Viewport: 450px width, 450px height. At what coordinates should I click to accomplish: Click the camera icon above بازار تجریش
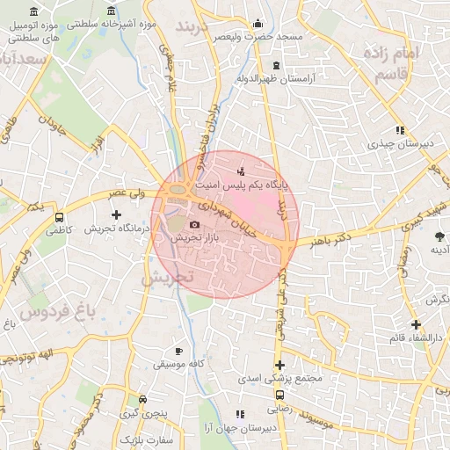(194, 225)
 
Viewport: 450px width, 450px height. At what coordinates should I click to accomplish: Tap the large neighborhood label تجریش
(167, 277)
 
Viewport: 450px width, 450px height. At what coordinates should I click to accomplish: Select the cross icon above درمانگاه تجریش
(116, 214)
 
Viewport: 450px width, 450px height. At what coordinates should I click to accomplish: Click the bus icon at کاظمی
(59, 217)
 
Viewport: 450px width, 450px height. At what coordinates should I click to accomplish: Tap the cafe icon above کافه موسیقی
(179, 351)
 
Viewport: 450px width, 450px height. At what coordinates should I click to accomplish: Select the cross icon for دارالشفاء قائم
(415, 324)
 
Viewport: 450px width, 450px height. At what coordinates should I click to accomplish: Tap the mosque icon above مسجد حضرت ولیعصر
(257, 24)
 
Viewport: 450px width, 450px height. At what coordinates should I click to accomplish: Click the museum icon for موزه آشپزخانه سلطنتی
(112, 11)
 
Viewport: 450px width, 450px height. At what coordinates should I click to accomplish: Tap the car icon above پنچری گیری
(142, 399)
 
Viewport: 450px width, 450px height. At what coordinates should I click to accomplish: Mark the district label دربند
(195, 26)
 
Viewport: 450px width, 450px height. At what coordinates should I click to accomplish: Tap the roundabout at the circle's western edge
(178, 190)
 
